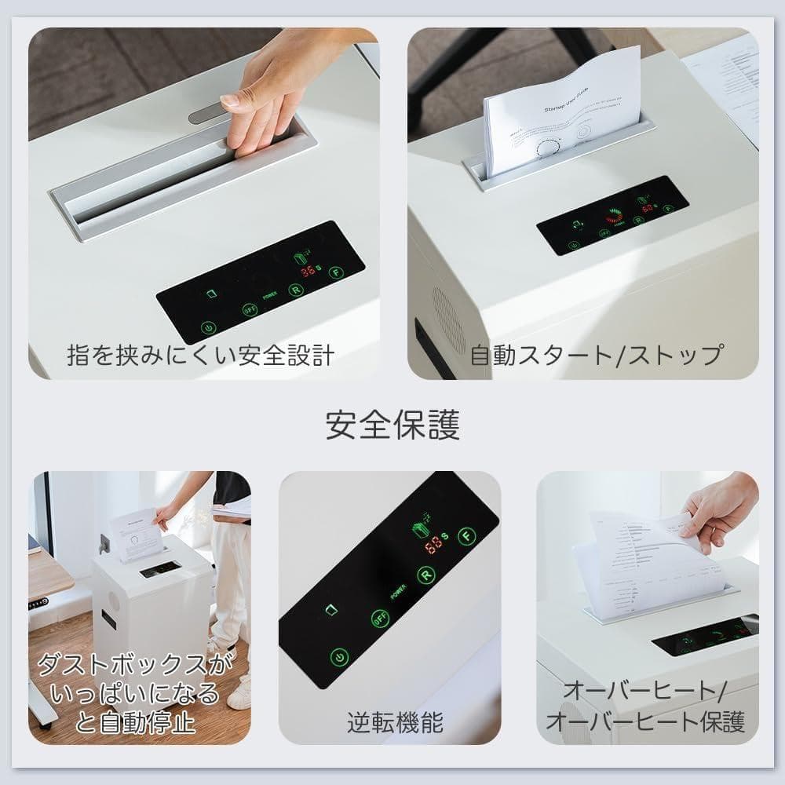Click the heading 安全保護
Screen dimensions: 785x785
tap(392, 425)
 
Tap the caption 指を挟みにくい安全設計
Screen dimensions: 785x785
tap(200, 356)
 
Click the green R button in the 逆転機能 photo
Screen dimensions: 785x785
tap(426, 574)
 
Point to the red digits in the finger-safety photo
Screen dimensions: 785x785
tap(309, 272)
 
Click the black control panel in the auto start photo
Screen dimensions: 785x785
tap(612, 215)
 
